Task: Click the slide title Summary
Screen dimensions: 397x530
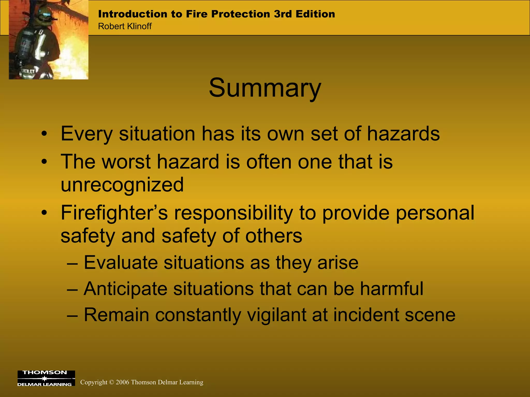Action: [265, 88]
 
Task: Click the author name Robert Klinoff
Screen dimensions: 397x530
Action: [125, 26]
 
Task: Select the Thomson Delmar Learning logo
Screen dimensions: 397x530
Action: [46, 378]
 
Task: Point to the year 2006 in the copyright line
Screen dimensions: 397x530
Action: [122, 382]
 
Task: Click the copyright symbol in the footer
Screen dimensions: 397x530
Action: [112, 382]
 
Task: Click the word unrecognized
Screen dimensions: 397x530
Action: [122, 185]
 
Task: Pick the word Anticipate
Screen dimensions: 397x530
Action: [126, 288]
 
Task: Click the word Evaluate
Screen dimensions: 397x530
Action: [121, 263]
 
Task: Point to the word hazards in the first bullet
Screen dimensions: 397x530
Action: [403, 134]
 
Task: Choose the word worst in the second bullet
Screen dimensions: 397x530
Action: [126, 162]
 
